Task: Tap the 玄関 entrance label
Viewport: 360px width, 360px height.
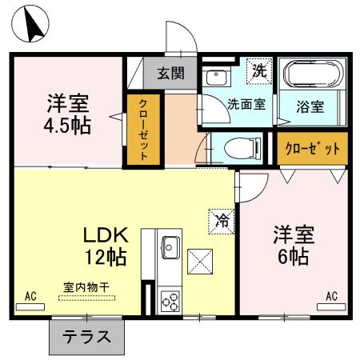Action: point(170,74)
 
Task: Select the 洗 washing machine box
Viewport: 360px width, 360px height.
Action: point(259,70)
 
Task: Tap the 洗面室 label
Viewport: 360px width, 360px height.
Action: point(246,104)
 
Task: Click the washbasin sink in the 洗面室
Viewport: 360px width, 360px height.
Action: point(214,78)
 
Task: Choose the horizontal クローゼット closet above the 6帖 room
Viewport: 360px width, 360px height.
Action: point(313,149)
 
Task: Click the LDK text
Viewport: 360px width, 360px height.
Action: point(106,236)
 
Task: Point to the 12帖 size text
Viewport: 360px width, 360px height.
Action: point(106,258)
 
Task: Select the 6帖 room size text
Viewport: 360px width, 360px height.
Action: point(294,258)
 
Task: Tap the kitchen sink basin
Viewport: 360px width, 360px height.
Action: point(170,246)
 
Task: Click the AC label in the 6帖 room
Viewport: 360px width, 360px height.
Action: point(331,296)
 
